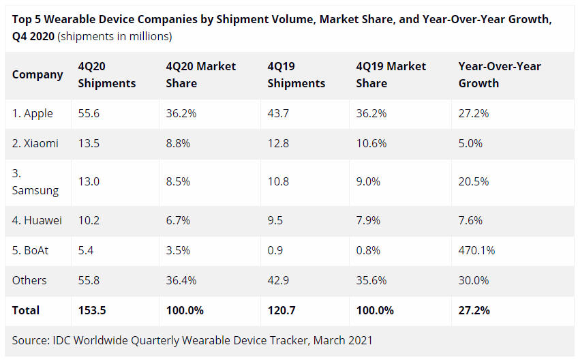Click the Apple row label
point(33,113)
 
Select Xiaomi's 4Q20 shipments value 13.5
point(89,143)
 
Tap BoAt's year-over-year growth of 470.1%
point(476,250)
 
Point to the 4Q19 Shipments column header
point(296,74)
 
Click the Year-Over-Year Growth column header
point(500,74)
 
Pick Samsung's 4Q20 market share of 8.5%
point(181,182)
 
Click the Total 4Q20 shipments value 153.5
point(92,310)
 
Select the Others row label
point(29,280)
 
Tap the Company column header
point(37,74)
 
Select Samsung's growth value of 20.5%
point(474,182)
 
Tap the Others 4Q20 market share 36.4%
point(183,280)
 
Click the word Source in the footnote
point(31,340)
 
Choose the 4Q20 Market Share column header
point(201,74)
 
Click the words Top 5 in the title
point(28,20)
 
